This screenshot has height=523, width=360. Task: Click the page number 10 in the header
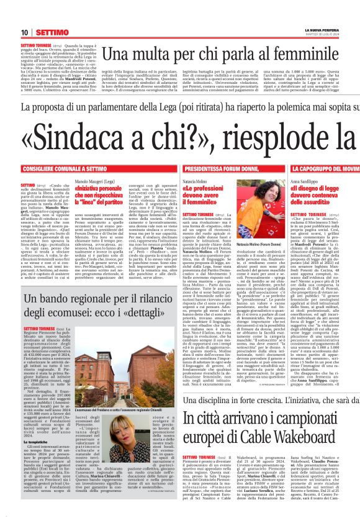(24, 32)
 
